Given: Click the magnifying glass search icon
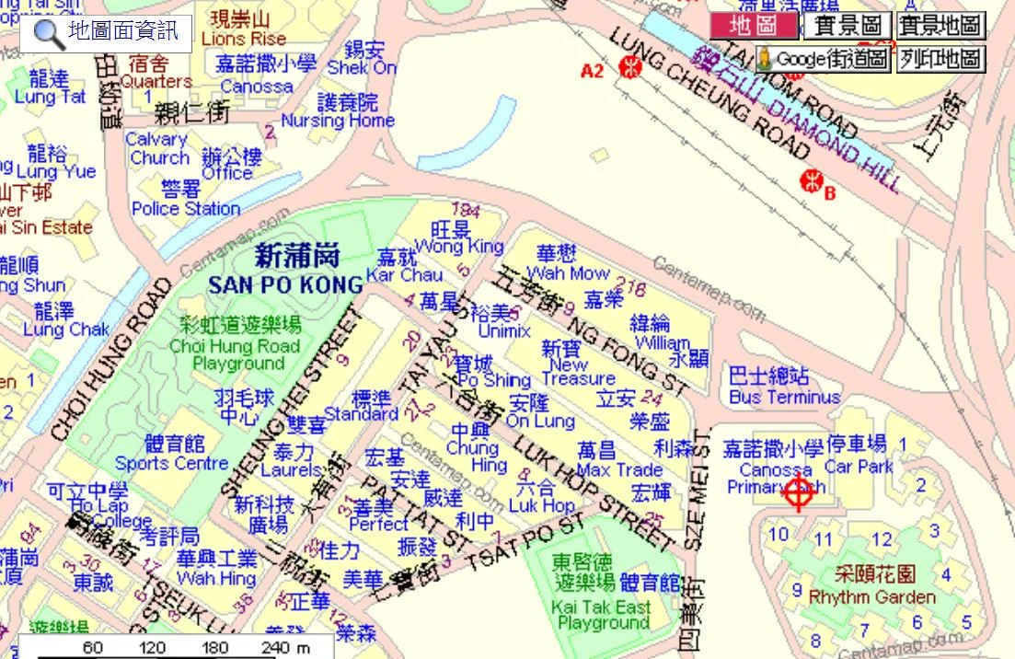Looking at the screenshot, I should (50, 34).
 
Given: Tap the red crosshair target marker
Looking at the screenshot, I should (798, 494).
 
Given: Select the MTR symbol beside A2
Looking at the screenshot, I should (630, 66).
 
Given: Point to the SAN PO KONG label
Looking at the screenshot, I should (286, 284).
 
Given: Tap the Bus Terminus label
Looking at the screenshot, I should (784, 397).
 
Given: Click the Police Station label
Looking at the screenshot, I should (186, 208).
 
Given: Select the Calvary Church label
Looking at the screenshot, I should (156, 148).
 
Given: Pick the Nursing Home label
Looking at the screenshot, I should (338, 120).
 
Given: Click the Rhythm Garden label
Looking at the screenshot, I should (871, 596).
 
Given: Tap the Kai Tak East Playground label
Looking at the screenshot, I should (603, 614).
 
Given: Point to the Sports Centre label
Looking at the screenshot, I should (171, 463).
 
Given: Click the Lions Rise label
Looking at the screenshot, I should (243, 40).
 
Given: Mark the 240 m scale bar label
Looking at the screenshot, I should (283, 648).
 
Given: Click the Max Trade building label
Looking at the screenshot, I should (618, 469).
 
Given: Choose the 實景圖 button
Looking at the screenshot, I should (848, 26).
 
